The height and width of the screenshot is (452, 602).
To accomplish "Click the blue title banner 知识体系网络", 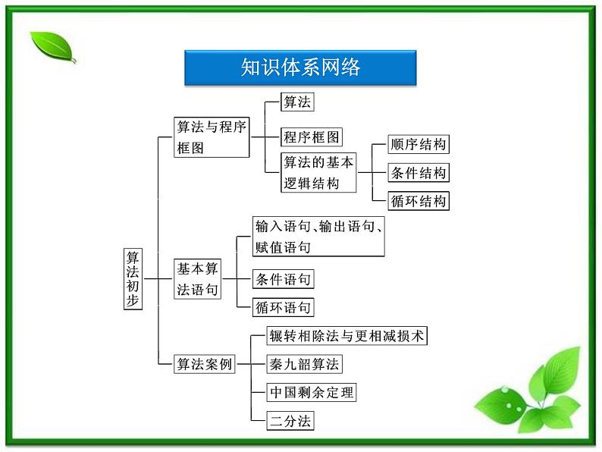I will [300, 67].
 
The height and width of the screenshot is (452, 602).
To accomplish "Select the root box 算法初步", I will [133, 278].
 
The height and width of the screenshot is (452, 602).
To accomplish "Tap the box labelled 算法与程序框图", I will [212, 137].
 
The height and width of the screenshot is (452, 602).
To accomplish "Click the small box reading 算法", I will [297, 102].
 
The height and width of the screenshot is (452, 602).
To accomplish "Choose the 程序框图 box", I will [312, 137].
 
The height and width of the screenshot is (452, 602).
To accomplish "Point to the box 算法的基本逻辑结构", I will [318, 173].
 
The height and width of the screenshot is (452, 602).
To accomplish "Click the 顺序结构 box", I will [418, 145].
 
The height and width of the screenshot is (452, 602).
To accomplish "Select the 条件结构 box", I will [418, 173].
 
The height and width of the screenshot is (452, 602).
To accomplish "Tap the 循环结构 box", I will [418, 201].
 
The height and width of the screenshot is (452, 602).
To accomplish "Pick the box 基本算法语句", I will [198, 278].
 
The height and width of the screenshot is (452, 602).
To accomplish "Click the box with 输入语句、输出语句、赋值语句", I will [318, 236].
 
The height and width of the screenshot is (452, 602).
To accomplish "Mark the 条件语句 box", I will [283, 279].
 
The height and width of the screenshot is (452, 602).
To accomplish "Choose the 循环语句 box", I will [283, 307].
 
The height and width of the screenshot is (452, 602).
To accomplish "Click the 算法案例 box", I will [204, 364].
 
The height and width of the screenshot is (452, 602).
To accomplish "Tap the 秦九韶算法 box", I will [304, 364].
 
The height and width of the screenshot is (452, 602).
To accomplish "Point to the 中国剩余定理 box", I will [311, 392].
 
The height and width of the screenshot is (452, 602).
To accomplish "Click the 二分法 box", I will [290, 420].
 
